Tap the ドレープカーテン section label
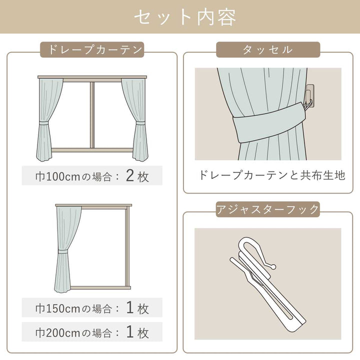click(92, 49)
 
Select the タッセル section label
click(267, 49)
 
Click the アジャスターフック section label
click(267, 209)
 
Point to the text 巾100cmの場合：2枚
click(92, 176)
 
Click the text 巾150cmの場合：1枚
click(92, 308)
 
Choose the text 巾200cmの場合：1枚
click(92, 331)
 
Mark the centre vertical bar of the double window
click(92, 115)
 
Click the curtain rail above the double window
click(92, 77)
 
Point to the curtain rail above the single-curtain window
click(93, 205)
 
